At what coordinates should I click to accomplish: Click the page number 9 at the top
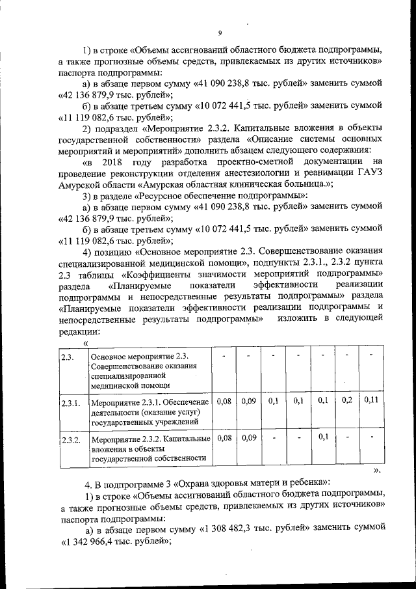(220, 33)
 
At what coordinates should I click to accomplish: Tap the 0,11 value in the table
(371, 400)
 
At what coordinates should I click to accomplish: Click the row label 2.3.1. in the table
(70, 404)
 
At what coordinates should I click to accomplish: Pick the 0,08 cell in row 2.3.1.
(224, 401)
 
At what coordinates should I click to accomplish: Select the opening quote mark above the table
(86, 343)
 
